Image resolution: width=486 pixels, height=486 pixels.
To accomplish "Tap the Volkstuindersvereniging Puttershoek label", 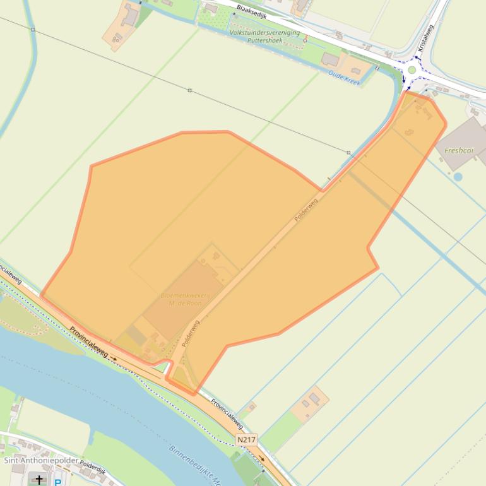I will coord(264,35).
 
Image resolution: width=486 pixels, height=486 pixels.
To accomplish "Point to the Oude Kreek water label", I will coord(344,78).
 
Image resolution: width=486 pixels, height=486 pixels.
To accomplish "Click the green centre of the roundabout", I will coord(412,70).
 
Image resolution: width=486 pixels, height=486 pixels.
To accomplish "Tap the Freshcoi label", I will coord(459,150).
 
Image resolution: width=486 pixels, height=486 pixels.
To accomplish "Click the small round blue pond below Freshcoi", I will coord(458,177).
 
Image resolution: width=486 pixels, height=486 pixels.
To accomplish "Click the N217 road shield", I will coord(247,439).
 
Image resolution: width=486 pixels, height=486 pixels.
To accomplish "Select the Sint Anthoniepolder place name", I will coord(41,460).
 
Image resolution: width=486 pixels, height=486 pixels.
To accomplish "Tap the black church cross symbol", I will coord(39,480).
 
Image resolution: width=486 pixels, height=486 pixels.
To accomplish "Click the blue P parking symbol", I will coord(57,482).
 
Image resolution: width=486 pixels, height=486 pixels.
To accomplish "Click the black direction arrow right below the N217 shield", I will coord(261,459).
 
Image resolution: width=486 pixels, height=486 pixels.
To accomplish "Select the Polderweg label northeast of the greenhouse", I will coord(306,210).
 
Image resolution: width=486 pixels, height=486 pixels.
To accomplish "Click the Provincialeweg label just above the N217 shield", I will coord(227,413).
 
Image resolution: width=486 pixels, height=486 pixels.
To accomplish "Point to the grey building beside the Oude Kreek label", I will coord(330,59).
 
